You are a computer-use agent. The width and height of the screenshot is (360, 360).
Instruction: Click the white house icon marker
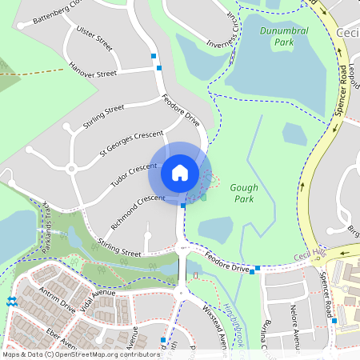pos(180,172)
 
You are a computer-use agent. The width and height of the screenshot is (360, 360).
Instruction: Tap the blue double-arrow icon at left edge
pos(11,302)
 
